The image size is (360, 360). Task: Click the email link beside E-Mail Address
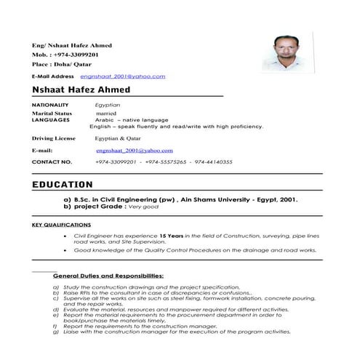pyautogui.click(x=123, y=76)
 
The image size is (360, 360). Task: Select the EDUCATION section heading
pyautogui.click(x=63, y=185)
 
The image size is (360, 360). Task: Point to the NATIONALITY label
pyautogui.click(x=50, y=106)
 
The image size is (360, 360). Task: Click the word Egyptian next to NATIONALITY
pyautogui.click(x=108, y=106)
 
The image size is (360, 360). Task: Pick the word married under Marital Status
pyautogui.click(x=107, y=113)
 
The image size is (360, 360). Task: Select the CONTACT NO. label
pyautogui.click(x=52, y=161)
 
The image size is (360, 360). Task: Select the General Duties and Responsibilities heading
pyautogui.click(x=108, y=276)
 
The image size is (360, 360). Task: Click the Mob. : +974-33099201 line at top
pyautogui.click(x=65, y=54)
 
